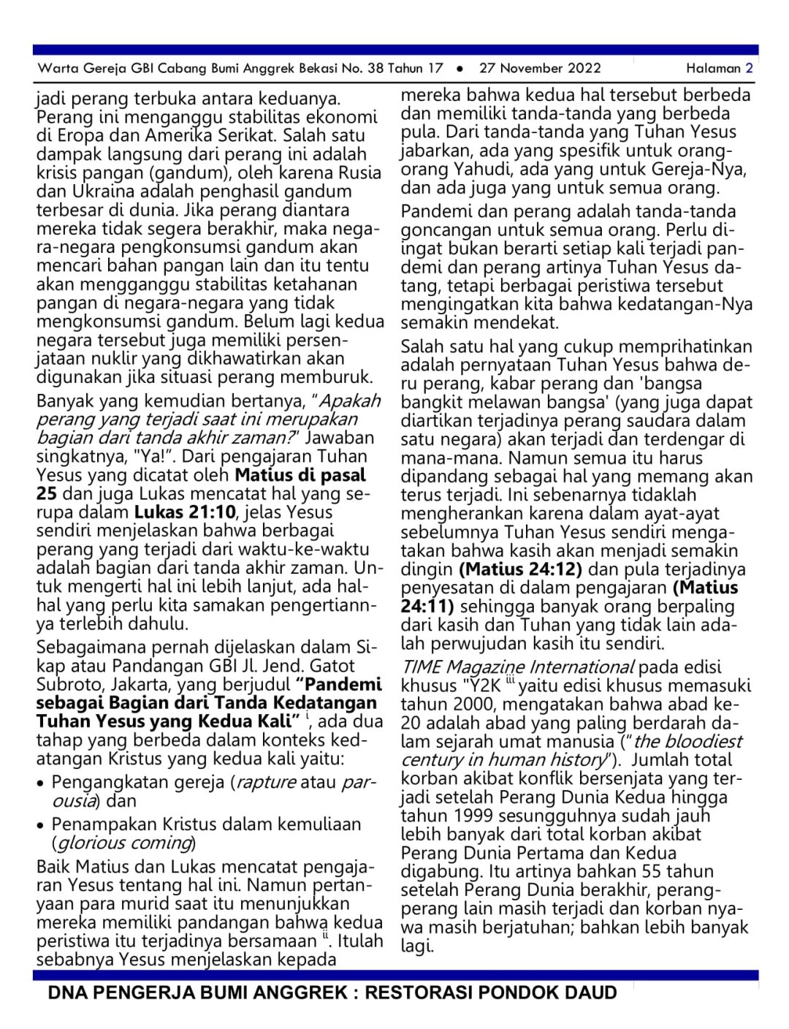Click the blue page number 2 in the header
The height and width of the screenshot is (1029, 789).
(749, 69)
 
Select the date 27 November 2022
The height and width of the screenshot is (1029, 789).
(540, 69)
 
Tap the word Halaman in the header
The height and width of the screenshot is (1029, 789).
(713, 69)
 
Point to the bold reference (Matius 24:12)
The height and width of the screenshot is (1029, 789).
(520, 569)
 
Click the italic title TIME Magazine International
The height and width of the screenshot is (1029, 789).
(517, 667)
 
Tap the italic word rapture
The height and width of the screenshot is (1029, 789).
(266, 783)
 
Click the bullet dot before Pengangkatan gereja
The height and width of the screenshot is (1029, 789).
(41, 783)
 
